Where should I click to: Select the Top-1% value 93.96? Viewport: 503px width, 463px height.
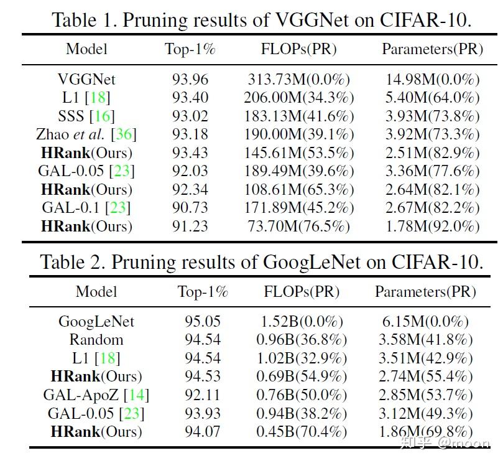coord(190,80)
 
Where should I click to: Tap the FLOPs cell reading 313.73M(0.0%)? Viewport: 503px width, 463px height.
coord(298,80)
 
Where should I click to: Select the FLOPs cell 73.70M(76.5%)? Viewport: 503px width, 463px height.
coord(298,227)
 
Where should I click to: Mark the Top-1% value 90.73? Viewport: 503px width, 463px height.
coord(190,208)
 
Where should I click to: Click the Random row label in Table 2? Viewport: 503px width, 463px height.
coord(96,340)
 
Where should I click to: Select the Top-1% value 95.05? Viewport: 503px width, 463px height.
coord(203,322)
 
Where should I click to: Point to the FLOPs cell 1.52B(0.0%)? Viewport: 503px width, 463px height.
coord(302,322)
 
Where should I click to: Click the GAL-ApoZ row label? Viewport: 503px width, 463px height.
coord(85,395)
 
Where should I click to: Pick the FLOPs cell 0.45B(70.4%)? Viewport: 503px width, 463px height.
coord(302,432)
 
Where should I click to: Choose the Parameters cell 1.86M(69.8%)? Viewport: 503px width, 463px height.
coord(425,432)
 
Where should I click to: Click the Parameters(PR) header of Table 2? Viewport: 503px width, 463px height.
coord(425,291)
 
